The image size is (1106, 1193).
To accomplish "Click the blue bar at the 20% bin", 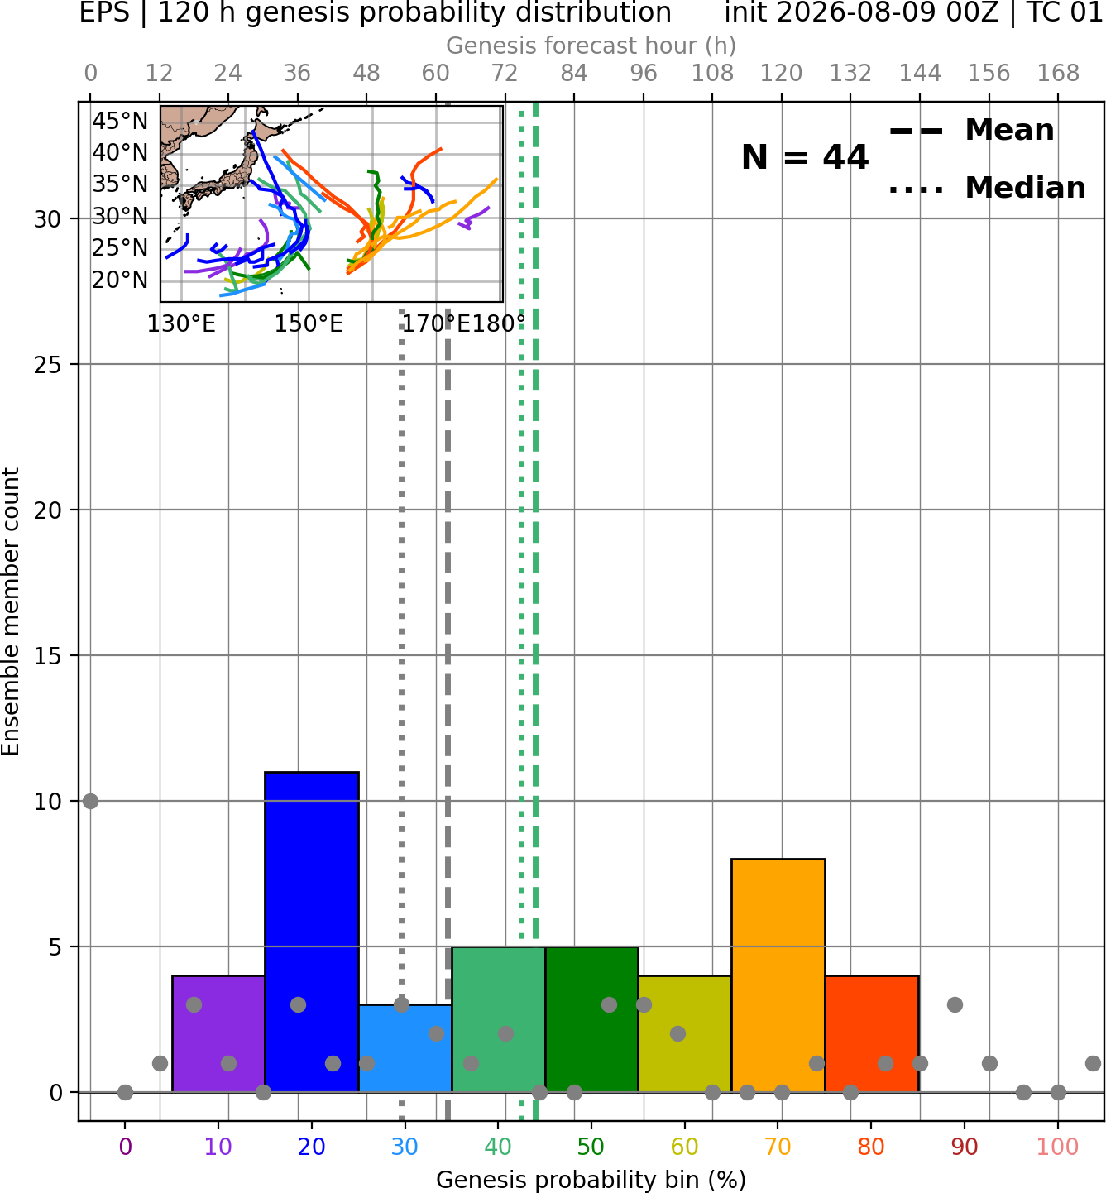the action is click(x=312, y=932).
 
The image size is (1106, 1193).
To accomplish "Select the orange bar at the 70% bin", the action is click(x=778, y=975).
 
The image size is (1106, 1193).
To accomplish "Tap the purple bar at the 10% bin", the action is click(x=218, y=1034).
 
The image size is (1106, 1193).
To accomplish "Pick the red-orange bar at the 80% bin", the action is click(x=872, y=1034).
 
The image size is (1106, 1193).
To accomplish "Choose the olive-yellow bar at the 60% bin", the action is click(x=685, y=1034).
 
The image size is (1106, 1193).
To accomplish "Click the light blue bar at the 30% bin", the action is click(x=405, y=1048).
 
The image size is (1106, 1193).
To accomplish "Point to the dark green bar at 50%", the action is click(x=591, y=1019).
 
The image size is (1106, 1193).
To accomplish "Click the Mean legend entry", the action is click(x=971, y=131).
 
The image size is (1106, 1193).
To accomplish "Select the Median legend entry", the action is click(x=987, y=188).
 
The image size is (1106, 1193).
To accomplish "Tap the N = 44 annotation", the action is click(x=805, y=157).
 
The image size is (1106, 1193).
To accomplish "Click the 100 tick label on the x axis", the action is click(x=1057, y=1147).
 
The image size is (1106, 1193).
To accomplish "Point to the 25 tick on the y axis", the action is click(x=48, y=365).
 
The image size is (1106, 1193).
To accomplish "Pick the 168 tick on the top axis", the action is click(x=1058, y=74).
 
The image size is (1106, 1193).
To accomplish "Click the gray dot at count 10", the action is click(x=90, y=802).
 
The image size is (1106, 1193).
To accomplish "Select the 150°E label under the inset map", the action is click(x=309, y=324).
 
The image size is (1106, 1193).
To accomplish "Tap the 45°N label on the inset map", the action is click(x=120, y=122).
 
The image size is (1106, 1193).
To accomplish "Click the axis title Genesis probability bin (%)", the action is click(x=591, y=1179).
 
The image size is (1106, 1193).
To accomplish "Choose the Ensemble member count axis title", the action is click(x=11, y=611).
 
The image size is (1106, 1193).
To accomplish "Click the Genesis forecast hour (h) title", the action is click(x=591, y=46).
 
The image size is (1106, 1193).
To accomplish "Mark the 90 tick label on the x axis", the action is click(x=965, y=1147).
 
